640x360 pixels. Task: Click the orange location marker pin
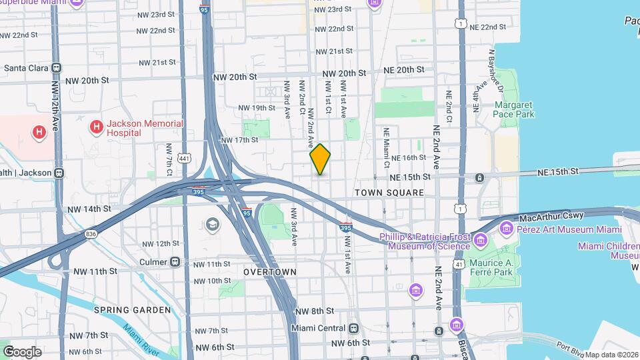[x=320, y=159]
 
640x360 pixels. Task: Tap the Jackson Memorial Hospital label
[x=145, y=128]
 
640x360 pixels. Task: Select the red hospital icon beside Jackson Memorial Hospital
[x=97, y=126]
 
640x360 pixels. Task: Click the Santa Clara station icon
[x=57, y=67]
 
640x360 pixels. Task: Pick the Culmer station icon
[x=175, y=262]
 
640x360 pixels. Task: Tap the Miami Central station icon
[x=353, y=328]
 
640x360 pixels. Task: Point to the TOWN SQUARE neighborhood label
[x=389, y=193]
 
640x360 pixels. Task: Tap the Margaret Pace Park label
[x=514, y=110]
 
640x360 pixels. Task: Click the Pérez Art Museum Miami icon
[x=507, y=229]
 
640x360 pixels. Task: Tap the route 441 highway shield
[x=184, y=157]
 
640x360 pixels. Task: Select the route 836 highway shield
[x=91, y=234]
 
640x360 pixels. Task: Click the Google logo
[x=22, y=351]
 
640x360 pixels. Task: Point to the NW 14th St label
[x=89, y=209]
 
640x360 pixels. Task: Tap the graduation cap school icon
[x=213, y=223]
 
